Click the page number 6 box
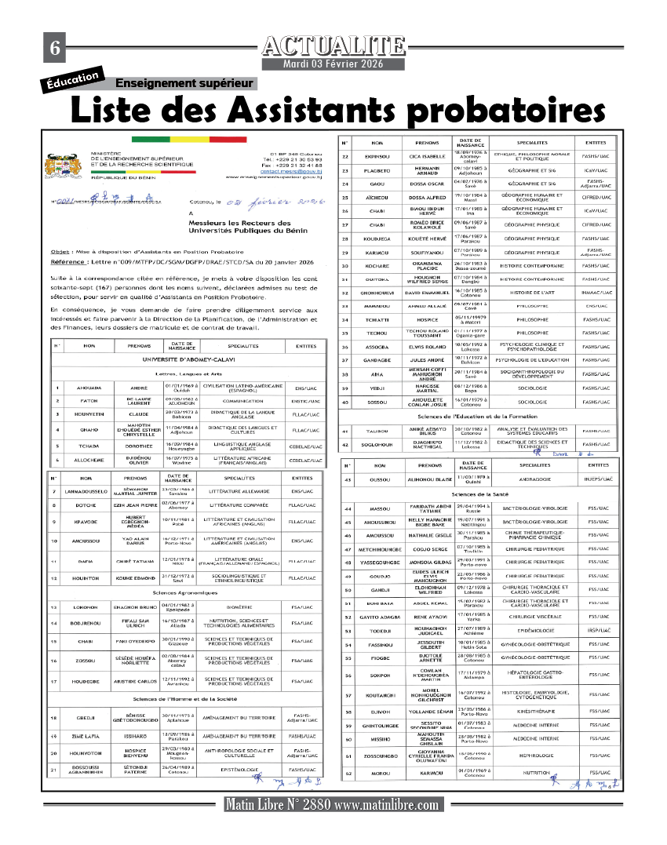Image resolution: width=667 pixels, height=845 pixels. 55,48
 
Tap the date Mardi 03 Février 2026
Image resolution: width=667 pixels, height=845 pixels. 333,64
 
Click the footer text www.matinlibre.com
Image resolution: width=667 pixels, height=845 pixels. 386,806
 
